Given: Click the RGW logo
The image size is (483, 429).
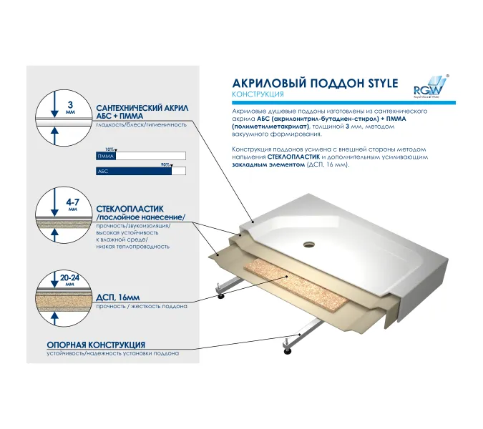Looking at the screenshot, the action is (x=430, y=87).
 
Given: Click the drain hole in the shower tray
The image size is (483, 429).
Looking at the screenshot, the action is (x=309, y=245).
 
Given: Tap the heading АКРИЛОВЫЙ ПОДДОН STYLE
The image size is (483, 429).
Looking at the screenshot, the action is (x=315, y=84).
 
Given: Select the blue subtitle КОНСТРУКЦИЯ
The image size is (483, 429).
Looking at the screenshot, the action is (x=258, y=94).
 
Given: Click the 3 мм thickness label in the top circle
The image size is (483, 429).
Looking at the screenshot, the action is (x=70, y=107).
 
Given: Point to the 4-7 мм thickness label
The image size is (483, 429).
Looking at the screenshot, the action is (x=73, y=204).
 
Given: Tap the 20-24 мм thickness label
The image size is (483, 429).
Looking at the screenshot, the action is (x=69, y=280).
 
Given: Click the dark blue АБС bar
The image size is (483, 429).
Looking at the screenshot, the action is (x=134, y=171).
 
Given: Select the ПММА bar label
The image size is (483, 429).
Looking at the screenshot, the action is (x=106, y=157).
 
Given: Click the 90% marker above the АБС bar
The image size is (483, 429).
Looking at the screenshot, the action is (x=167, y=165).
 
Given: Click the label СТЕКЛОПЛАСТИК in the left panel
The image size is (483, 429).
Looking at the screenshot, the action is (x=130, y=209).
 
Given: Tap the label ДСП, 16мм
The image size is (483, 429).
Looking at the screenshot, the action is (x=118, y=297).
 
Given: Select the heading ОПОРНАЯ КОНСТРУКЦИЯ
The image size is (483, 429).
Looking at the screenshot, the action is (x=96, y=345).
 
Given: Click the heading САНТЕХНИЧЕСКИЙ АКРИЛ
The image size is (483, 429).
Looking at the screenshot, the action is (x=142, y=108).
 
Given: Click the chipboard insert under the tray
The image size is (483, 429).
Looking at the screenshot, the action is (x=296, y=284).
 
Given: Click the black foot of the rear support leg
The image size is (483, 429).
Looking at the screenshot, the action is (x=220, y=296).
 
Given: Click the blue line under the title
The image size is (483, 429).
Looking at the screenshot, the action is (x=343, y=103).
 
